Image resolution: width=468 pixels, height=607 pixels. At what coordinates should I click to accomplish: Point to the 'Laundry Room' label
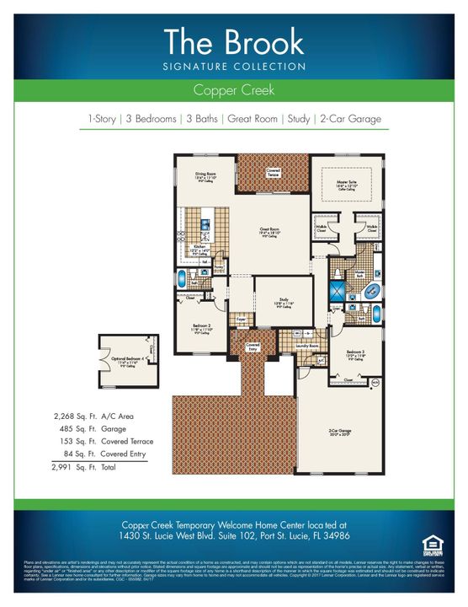point(307,346)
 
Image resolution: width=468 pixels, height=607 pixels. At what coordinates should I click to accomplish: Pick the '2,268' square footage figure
point(62,416)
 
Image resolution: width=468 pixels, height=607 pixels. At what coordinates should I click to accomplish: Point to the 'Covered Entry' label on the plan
point(253,346)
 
